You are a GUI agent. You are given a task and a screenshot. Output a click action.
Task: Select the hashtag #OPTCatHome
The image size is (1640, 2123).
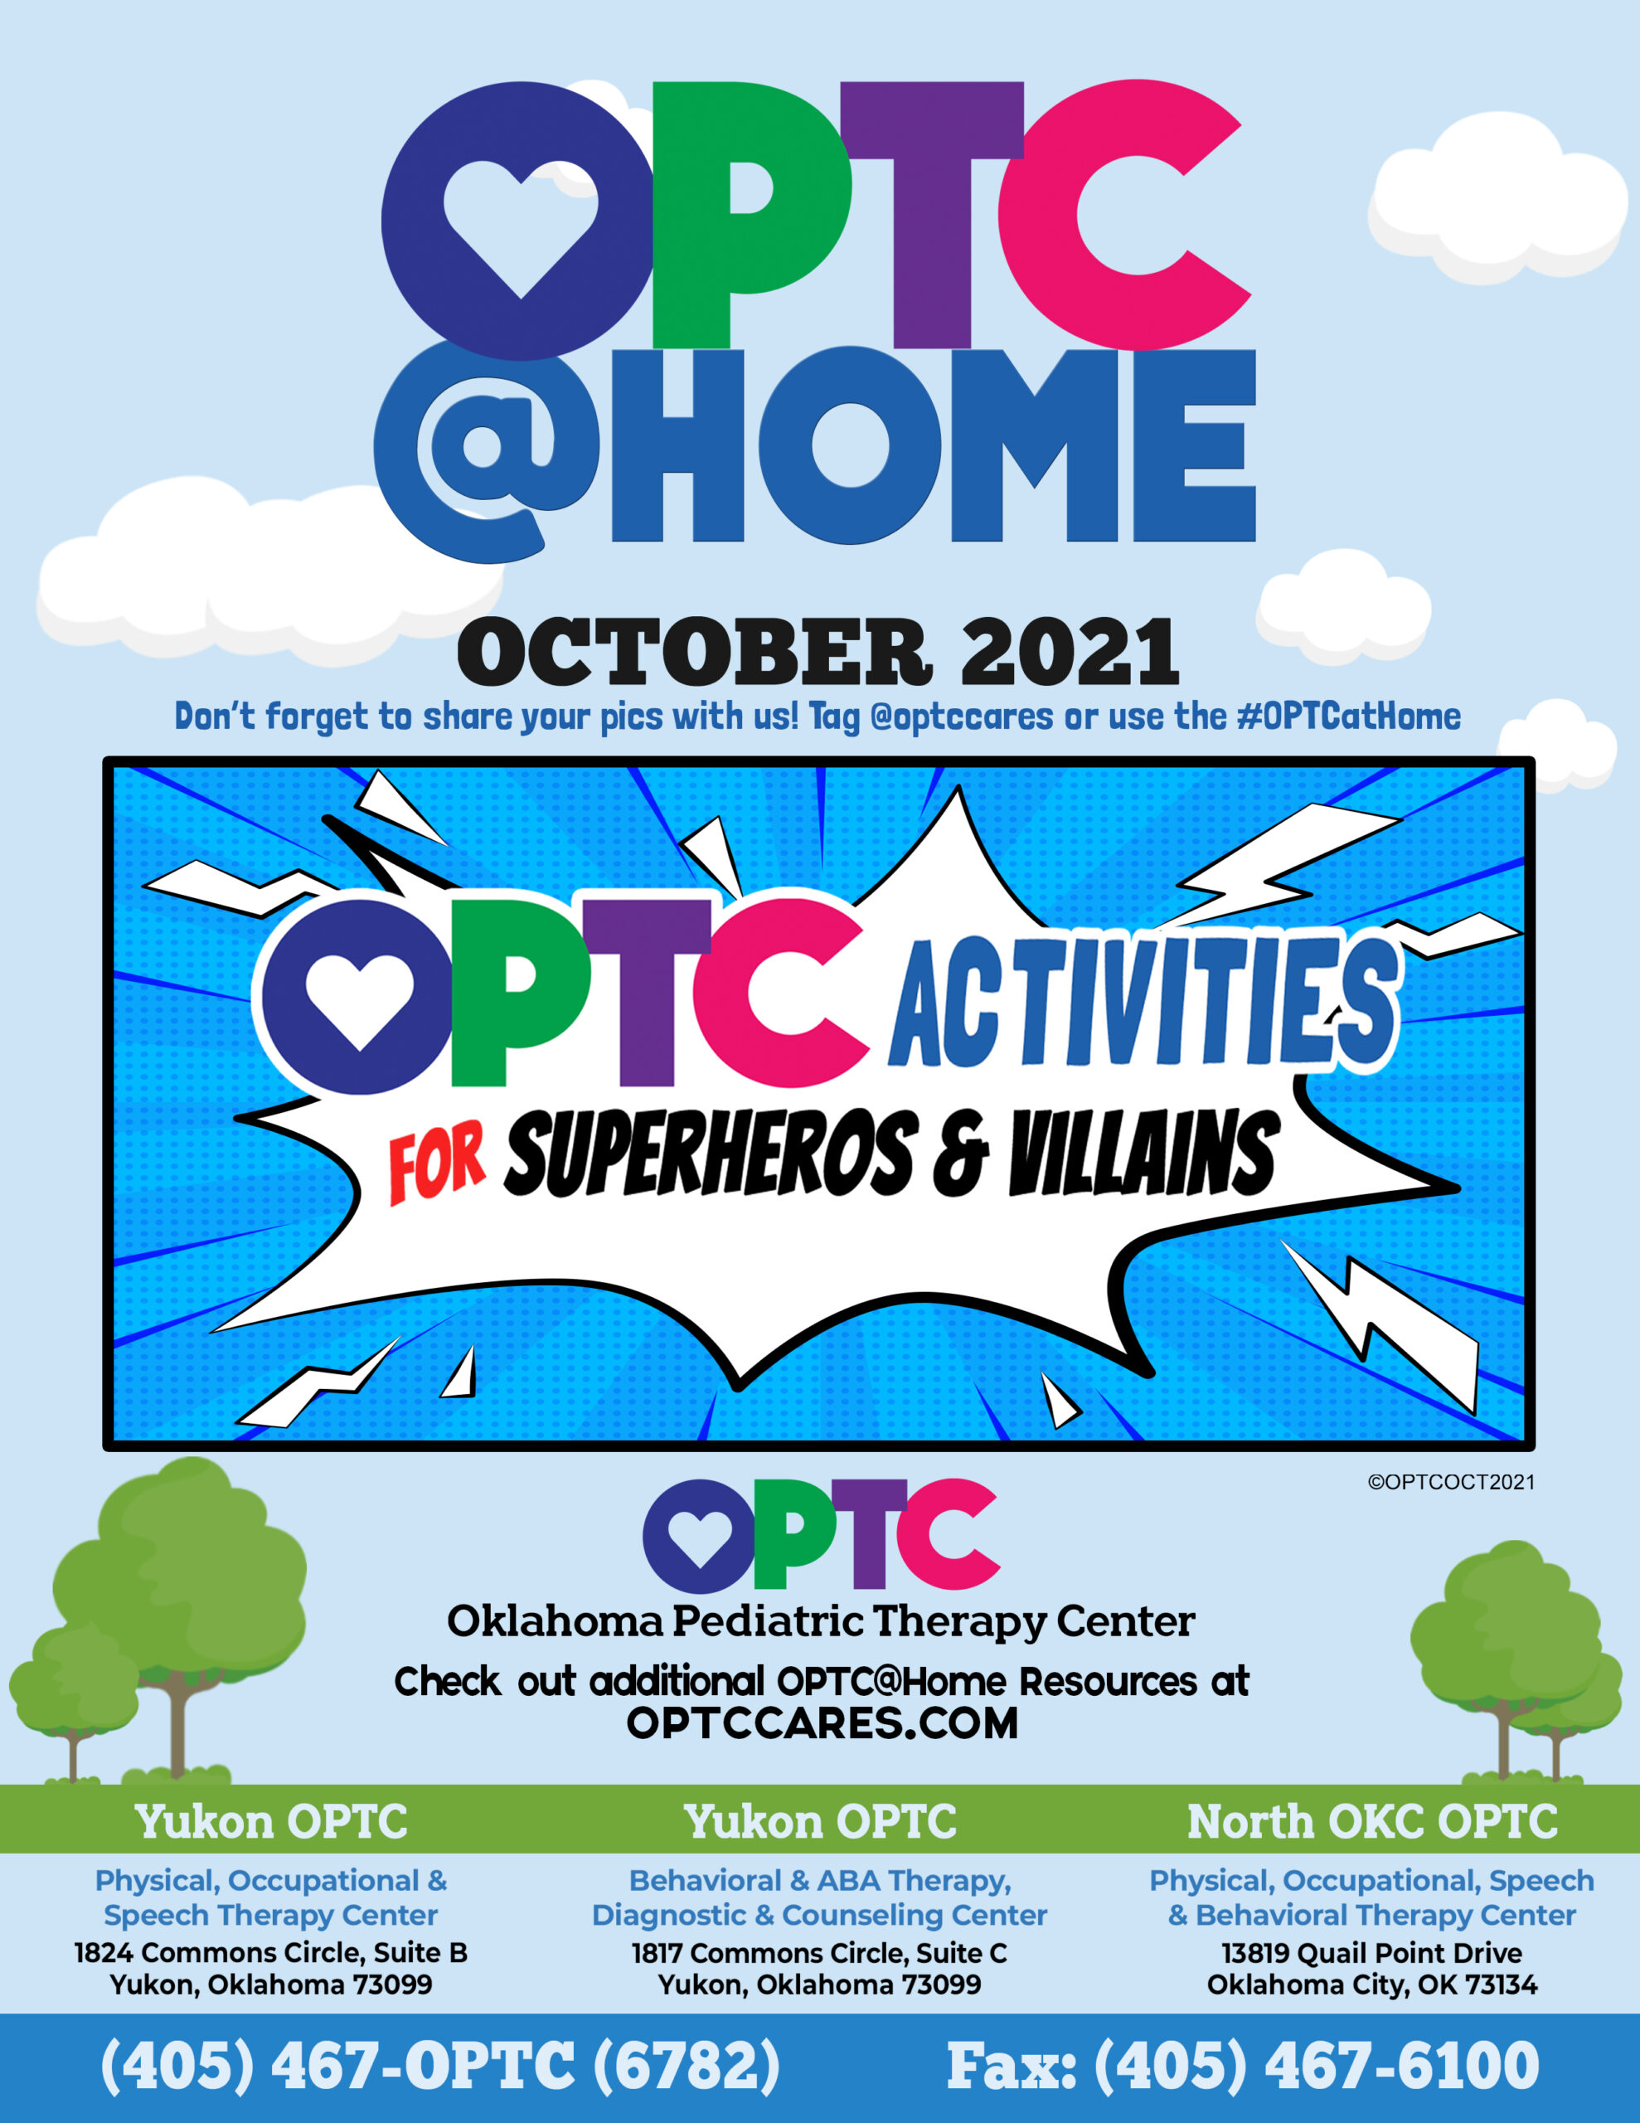(1348, 717)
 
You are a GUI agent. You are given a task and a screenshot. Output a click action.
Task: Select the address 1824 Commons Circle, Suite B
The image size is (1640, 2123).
(271, 1953)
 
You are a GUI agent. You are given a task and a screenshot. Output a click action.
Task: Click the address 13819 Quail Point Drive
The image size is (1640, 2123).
(1371, 1953)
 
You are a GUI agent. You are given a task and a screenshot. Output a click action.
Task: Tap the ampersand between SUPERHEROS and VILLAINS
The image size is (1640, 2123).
(960, 1155)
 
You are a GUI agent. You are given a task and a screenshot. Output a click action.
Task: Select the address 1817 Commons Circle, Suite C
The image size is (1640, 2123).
(819, 1953)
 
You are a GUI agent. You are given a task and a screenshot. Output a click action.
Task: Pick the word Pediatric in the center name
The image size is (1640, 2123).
(768, 1621)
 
